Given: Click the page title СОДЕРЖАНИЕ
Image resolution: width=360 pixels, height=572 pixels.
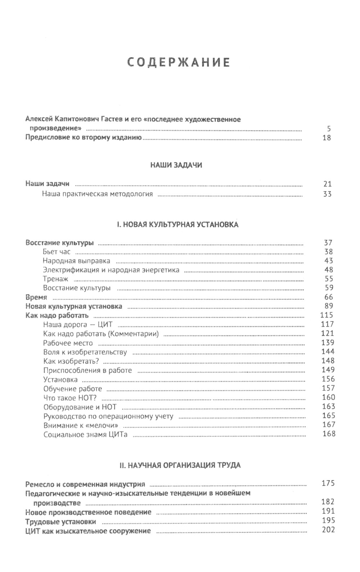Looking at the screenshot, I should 179,62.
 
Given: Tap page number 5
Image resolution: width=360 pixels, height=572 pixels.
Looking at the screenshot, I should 329,129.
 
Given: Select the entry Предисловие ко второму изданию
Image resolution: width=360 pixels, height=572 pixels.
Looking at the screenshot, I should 84,137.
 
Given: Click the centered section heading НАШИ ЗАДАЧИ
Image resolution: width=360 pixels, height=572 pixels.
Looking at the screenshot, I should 176,165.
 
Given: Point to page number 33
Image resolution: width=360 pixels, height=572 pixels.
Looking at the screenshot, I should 327,195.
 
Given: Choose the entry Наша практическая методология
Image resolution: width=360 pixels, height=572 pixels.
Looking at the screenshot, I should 97,194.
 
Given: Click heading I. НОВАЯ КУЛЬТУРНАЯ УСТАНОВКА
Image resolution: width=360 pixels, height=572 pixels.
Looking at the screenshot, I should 177,225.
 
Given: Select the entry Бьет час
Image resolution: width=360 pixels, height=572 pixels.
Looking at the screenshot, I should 57,252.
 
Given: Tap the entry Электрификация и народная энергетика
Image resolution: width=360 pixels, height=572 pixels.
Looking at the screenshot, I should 111,270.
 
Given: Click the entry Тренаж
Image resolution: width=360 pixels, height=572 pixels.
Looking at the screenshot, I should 55,279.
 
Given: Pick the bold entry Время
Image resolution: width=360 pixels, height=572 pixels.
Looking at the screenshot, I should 36,298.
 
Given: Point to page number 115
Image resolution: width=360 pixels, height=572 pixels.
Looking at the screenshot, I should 327,315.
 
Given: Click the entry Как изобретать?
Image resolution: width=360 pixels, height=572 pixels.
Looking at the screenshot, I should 71,361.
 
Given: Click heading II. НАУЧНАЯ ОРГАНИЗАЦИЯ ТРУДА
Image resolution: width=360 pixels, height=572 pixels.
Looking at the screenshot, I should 180,465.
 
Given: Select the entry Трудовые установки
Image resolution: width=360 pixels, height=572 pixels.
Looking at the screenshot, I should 61,522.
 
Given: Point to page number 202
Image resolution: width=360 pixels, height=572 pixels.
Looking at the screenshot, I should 328,530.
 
